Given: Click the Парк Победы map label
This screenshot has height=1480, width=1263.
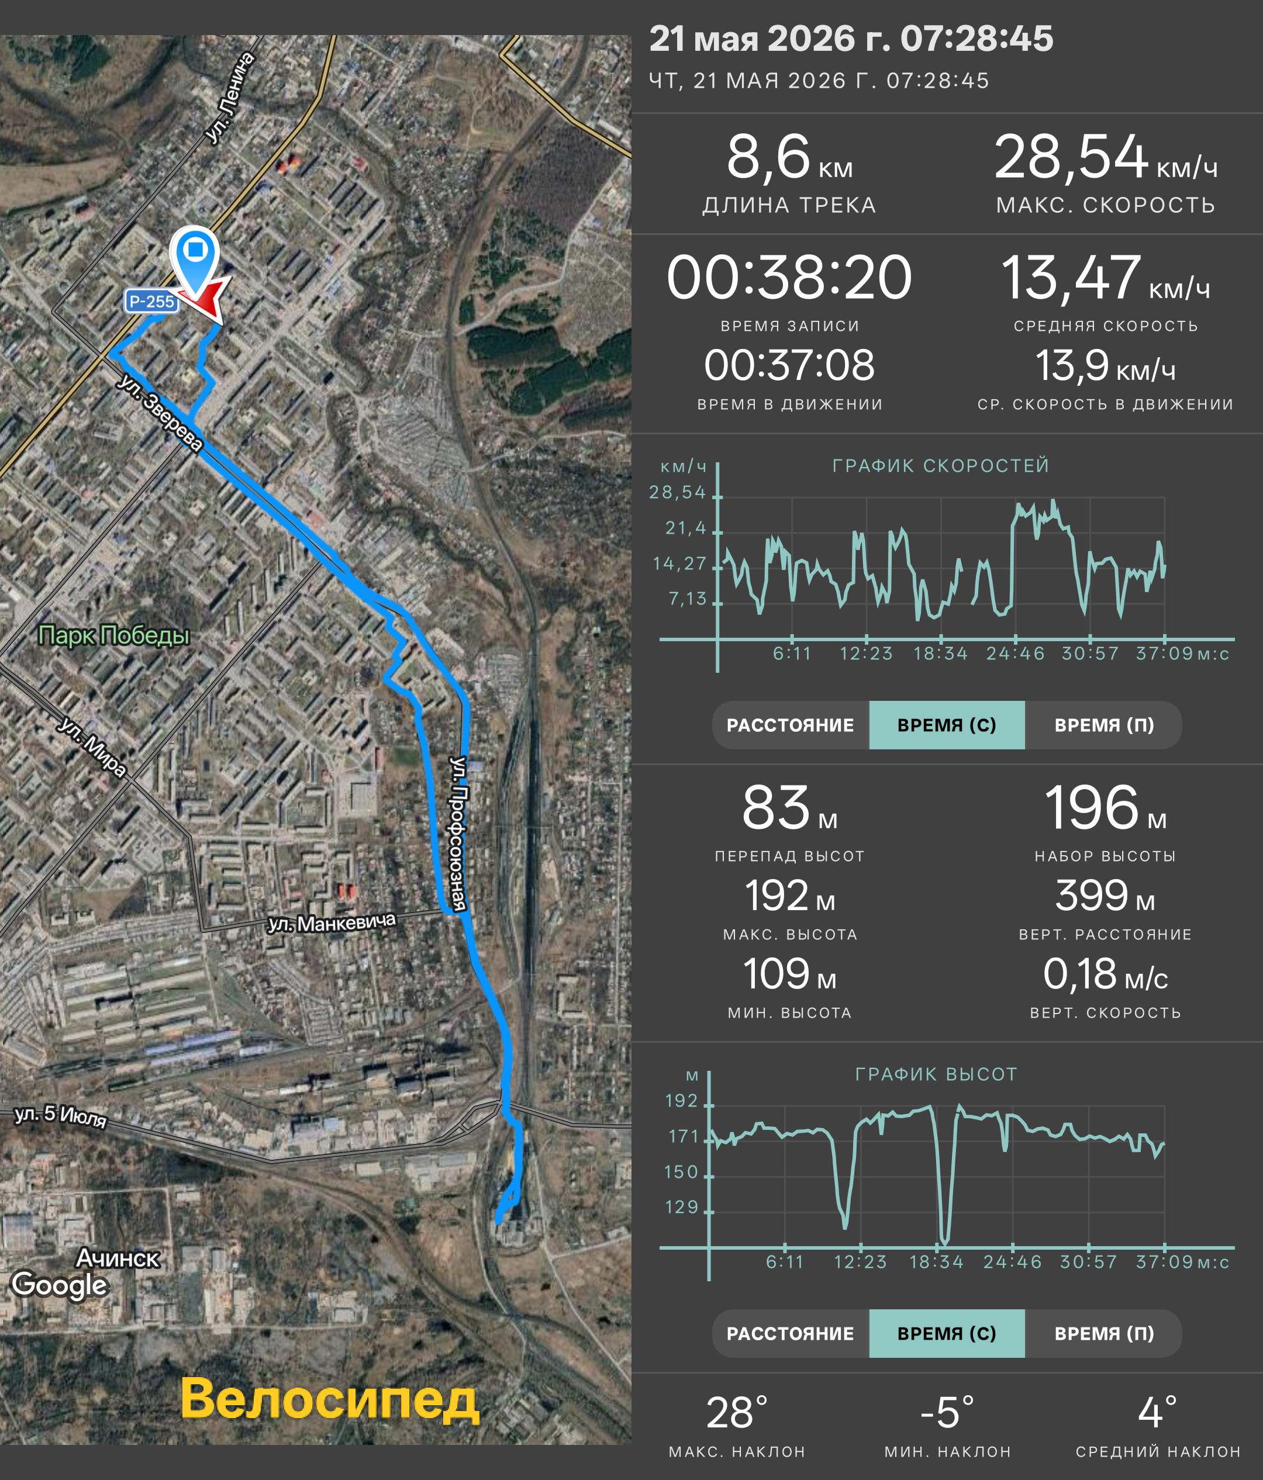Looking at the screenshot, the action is (x=114, y=635).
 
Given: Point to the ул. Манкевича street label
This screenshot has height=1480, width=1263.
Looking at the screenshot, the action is (x=332, y=923).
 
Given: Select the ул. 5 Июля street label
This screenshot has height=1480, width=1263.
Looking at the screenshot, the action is (x=61, y=1116).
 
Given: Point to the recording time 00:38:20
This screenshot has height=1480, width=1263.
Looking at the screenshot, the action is (x=789, y=277).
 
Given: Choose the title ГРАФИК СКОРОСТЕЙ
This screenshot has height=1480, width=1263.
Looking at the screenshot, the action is (x=941, y=466).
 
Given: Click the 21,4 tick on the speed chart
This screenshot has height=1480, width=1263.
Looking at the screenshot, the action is (x=686, y=528).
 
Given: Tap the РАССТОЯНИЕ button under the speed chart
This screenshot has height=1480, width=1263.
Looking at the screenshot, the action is (x=790, y=725).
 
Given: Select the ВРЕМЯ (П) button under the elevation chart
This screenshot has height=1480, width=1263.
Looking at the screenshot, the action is (x=1104, y=1333).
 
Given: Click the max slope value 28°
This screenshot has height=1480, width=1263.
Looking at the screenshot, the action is (x=737, y=1412).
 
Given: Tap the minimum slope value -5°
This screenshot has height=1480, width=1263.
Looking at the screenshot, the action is (x=947, y=1412).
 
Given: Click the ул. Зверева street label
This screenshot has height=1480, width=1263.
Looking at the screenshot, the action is (x=160, y=413).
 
